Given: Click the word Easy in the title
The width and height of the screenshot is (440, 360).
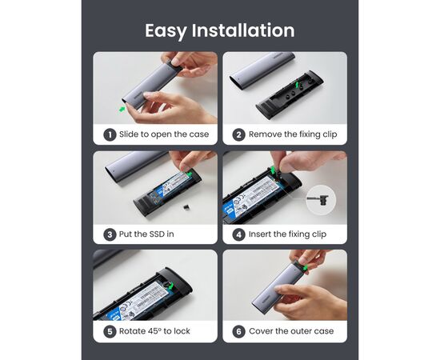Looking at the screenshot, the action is tap(166, 31).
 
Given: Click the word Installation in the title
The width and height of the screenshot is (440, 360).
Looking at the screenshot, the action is tap(243, 30).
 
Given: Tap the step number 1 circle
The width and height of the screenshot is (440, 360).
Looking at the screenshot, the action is tap(110, 135).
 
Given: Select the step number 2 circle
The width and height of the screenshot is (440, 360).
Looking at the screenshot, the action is tap(239, 135).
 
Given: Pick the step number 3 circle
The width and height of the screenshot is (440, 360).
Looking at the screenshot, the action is tap(110, 234).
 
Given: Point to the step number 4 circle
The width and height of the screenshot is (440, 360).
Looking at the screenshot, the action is tap(239, 234).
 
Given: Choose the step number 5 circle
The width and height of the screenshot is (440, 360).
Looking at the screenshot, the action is tap(110, 332).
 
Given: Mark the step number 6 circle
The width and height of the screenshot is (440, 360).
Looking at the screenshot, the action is tap(239, 332).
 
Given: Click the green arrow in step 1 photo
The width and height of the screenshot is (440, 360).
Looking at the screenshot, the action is tap(122, 109).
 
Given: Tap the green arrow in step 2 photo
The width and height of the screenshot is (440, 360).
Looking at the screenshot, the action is tap(297, 84).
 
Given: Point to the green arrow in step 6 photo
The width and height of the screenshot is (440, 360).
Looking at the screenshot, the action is tap(305, 268).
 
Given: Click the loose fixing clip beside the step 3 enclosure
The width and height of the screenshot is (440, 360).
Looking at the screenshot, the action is tap(186, 207).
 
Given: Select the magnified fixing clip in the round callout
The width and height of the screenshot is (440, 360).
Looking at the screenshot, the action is tap(318, 200).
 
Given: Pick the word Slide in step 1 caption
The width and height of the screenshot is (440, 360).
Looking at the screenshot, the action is tap(129, 134).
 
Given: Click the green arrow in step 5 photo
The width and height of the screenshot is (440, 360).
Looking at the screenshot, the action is tap(170, 286).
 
